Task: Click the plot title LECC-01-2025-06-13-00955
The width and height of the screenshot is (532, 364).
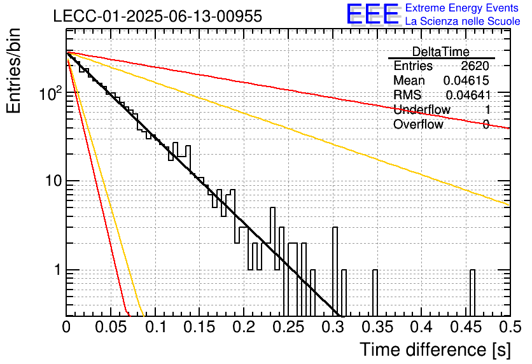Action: point(158,16)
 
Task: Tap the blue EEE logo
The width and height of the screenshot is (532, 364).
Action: point(373,15)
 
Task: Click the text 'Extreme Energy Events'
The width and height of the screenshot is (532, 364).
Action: point(462,8)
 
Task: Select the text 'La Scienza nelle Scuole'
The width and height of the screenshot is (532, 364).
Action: point(463,21)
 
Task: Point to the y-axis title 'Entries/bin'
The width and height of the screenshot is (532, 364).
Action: point(13,71)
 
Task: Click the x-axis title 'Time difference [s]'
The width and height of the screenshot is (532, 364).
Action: point(435,349)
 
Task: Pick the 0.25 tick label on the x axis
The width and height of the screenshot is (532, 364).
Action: point(288,327)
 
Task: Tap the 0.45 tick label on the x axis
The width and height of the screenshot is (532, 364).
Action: point(466,327)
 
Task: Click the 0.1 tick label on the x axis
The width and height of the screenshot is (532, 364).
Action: point(155,327)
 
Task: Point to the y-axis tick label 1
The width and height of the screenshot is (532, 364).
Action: point(58,270)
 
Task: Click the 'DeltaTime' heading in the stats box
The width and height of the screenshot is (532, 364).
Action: point(441,52)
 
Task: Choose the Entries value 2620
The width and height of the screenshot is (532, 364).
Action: point(475,66)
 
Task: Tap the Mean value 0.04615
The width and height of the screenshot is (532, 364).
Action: point(466,80)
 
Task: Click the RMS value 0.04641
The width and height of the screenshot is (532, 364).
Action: point(468,95)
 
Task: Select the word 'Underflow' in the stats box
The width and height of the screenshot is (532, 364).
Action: point(422,109)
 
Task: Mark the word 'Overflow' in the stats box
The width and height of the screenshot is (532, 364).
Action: point(418,124)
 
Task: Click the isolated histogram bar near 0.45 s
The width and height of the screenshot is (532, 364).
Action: point(473,293)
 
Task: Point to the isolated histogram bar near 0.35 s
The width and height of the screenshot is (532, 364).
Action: point(375,293)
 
